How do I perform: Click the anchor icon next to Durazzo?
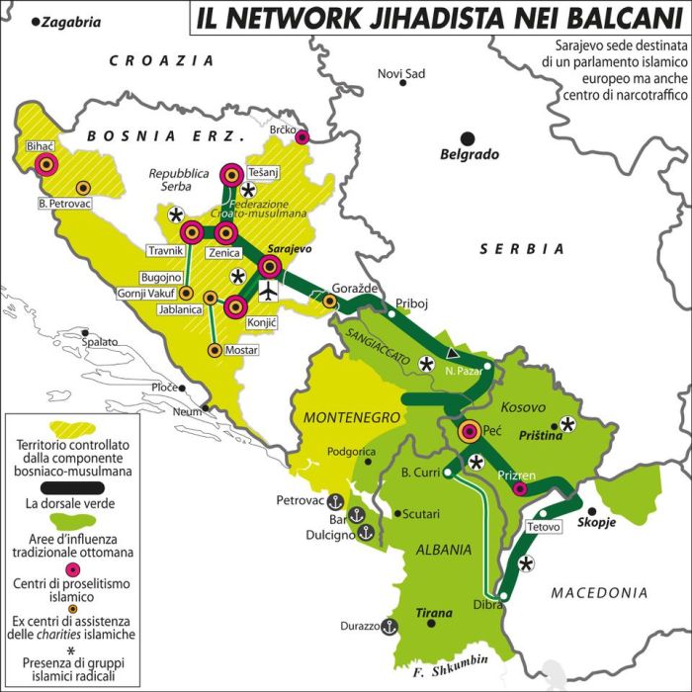click(389, 625)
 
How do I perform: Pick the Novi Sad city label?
click(401, 74)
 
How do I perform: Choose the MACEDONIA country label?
click(599, 593)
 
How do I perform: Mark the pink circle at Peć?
click(472, 432)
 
